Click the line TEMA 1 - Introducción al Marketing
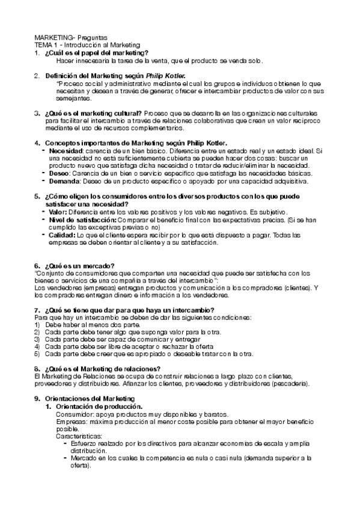87,45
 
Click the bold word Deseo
58,173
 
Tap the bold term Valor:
58,212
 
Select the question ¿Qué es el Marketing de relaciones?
103,368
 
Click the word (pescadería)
290,383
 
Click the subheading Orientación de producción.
99,407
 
